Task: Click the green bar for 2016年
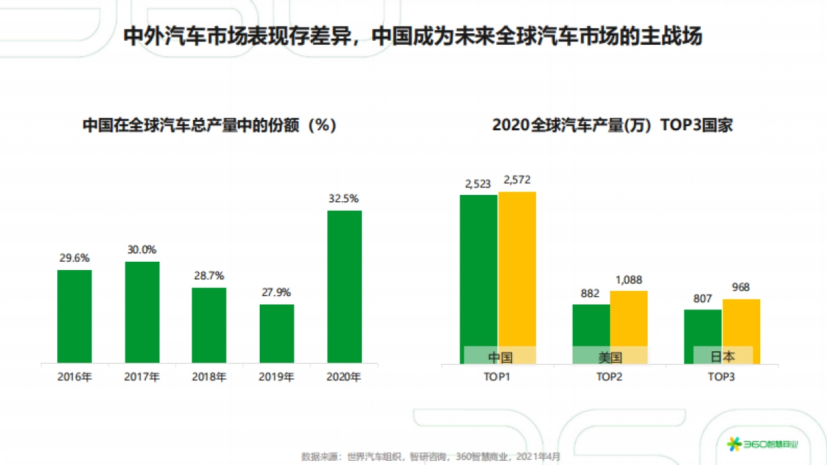pos(74,316)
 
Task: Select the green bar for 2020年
pos(344,287)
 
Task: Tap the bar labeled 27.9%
pos(276,333)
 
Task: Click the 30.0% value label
pos(141,250)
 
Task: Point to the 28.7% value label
pos(209,276)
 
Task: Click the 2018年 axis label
pos(209,378)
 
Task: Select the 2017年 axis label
pos(141,378)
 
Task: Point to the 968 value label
pos(741,287)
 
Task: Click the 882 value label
pos(591,293)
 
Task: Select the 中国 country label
pos(500,357)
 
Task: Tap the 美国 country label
pos(610,357)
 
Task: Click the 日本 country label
pos(722,357)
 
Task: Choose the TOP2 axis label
pos(610,378)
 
